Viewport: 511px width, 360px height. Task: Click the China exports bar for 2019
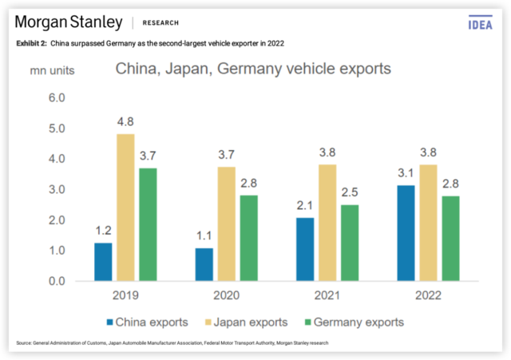103,262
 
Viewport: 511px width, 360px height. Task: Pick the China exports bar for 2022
406,233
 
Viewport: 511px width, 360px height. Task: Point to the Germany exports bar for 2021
348,243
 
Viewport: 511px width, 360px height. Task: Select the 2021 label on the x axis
326,295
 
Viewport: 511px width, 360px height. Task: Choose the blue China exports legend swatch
111,322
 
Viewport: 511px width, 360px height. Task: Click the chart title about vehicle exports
253,69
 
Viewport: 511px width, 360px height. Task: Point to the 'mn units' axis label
53,69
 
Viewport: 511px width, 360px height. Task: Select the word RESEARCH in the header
160,22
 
